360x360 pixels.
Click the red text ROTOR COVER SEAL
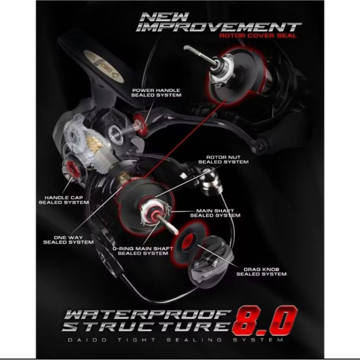[257, 36]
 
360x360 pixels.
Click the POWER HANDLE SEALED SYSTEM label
[156, 93]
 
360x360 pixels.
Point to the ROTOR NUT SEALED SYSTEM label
[224, 160]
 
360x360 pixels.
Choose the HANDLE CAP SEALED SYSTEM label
[63, 200]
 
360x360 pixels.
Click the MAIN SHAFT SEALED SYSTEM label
[215, 213]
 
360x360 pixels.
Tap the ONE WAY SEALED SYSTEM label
[68, 240]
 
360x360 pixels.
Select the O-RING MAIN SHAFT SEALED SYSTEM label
[143, 251]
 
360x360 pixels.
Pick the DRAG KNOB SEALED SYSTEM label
[261, 272]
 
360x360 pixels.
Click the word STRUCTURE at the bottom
[146, 326]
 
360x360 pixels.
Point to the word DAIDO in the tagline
[87, 340]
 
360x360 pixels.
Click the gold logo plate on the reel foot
[104, 66]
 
